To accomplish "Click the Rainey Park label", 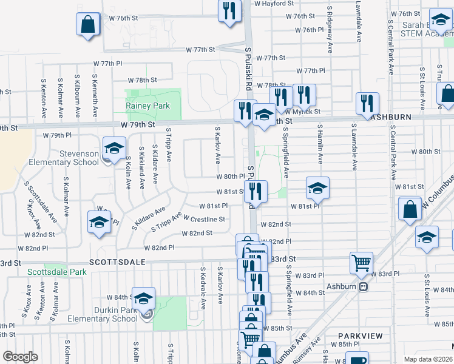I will coord(147,106).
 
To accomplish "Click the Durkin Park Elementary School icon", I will coord(144,298).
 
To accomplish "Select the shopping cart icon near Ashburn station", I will coord(361,263).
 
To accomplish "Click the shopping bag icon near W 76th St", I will coord(88,25).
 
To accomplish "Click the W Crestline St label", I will coord(204,219).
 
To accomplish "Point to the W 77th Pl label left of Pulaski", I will coord(107,64).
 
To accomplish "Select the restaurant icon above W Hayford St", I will coord(229,11).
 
